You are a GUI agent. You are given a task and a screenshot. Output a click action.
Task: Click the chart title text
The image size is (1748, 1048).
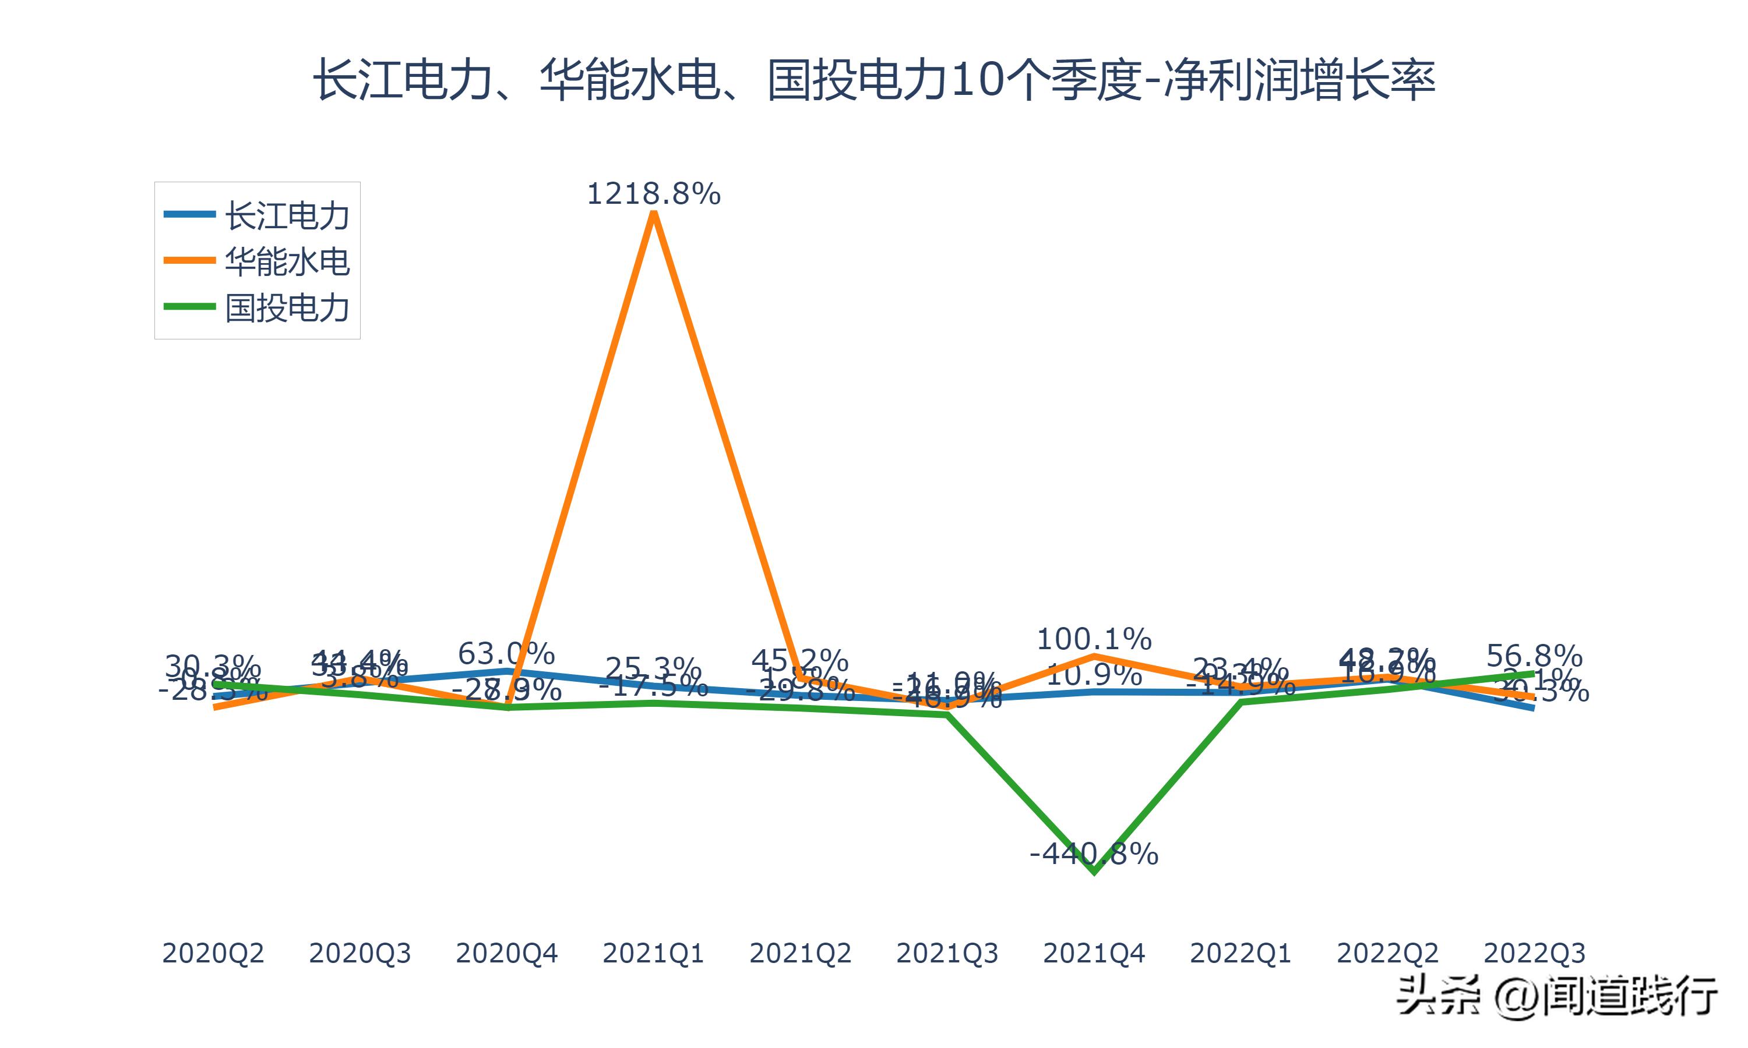874,80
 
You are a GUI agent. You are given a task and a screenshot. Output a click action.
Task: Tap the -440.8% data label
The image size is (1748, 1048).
1094,855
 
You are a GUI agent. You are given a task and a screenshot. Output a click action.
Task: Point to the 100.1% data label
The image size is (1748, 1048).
1094,640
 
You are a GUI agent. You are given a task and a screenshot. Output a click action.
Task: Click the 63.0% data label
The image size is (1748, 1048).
506,654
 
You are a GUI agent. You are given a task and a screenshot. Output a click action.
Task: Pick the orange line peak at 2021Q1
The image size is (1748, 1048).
654,213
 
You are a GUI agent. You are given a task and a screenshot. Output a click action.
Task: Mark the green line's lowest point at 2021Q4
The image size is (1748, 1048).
1094,872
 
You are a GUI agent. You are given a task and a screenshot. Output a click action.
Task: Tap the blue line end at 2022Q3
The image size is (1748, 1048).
1532,707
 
